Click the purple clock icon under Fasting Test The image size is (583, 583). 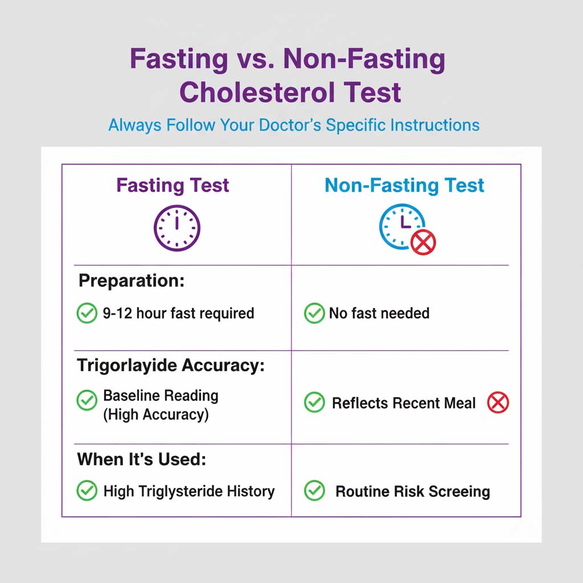pos(177,228)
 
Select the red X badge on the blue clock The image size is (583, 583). pos(423,243)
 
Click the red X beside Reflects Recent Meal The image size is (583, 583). pos(498,403)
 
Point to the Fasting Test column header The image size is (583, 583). pos(173,185)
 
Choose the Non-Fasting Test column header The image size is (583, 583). pos(404,185)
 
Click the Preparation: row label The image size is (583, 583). pos(132,281)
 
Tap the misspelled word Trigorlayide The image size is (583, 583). pos(128,366)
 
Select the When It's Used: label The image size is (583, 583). pos(141,459)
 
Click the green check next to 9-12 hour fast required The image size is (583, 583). pos(87,313)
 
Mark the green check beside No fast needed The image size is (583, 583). pos(314,313)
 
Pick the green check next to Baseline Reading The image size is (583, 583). pos(87,400)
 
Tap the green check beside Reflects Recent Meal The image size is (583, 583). pos(314,403)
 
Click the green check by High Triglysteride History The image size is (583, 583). pos(87,491)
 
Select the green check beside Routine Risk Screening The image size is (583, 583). pos(314,491)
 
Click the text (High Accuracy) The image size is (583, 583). pos(156,415)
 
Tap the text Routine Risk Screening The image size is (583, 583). pos(413,491)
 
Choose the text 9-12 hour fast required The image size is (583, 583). pos(179,313)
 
